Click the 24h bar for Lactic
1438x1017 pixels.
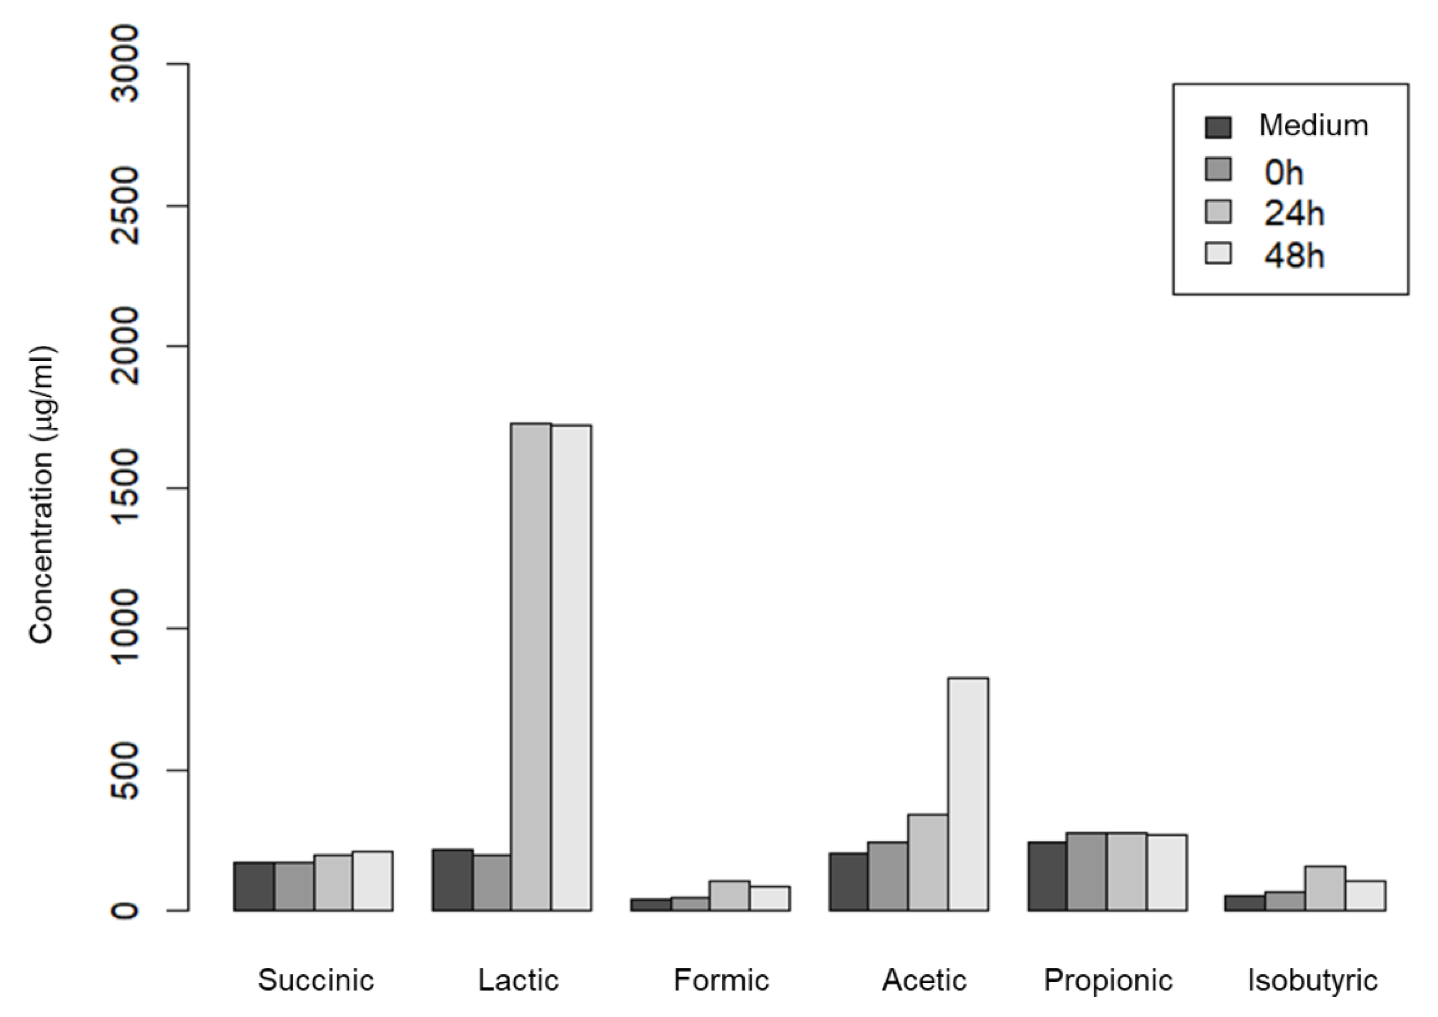[531, 667]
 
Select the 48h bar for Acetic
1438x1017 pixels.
[968, 794]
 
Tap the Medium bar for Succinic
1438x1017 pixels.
[254, 886]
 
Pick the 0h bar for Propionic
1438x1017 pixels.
[1086, 871]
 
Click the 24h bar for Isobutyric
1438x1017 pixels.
[1325, 888]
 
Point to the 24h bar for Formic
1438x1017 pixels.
[730, 895]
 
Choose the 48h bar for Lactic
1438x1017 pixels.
[571, 668]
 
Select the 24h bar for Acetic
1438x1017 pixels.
[928, 862]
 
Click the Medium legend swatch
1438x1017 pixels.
[1218, 127]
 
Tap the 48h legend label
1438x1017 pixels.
[1294, 255]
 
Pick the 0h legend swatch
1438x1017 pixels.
[1218, 170]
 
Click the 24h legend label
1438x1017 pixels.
[1294, 214]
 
